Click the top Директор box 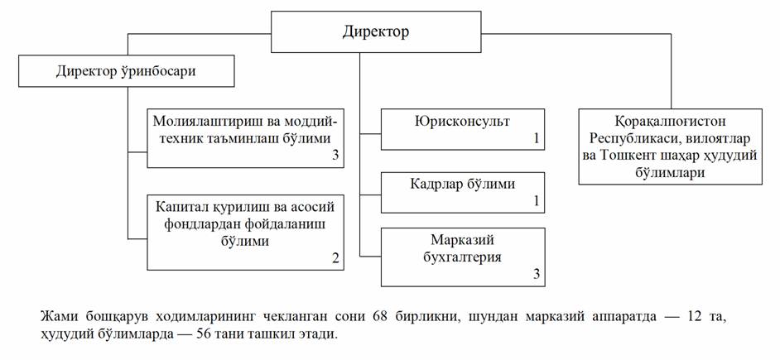375,32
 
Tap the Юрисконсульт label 462,121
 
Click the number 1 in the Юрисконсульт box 537,139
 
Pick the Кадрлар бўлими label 462,184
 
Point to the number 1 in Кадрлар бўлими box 537,201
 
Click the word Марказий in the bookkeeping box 462,240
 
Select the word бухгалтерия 462,257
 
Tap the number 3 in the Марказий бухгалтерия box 537,274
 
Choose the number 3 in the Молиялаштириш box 335,156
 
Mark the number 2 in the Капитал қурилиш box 335,258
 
